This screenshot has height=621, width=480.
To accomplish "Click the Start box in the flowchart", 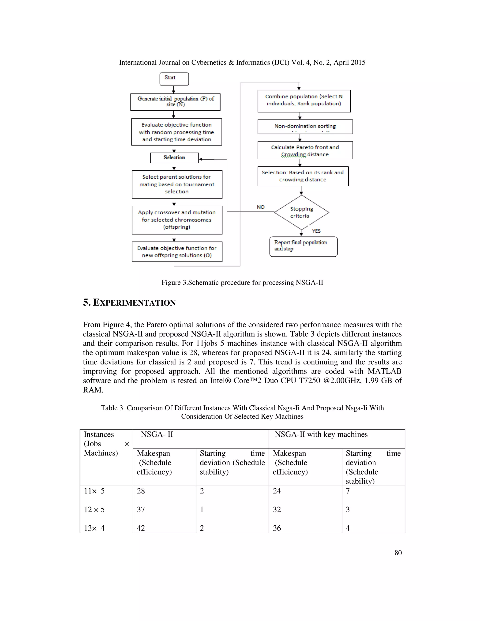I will click(x=174, y=79).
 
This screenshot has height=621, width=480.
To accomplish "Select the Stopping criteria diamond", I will click(x=301, y=212).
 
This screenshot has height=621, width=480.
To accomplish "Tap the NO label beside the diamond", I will click(x=260, y=207).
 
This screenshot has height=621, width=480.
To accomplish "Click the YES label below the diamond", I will click(x=316, y=231).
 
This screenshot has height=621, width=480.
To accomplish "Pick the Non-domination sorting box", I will click(x=305, y=126).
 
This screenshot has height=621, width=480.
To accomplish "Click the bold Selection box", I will click(x=174, y=157).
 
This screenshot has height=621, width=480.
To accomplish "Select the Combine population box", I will click(x=304, y=101).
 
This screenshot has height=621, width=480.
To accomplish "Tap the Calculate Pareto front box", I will click(x=305, y=150).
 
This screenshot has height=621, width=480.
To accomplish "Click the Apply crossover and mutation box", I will click(x=177, y=220).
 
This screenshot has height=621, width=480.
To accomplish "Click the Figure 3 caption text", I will click(x=242, y=282).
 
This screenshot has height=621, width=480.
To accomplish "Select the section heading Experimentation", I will click(x=129, y=302).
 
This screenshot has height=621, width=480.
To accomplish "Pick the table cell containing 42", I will click(x=141, y=528).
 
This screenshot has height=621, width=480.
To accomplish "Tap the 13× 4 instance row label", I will click(x=94, y=528).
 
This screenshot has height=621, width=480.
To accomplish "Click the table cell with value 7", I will click(x=348, y=491).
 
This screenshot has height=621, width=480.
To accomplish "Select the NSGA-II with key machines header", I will click(x=321, y=434).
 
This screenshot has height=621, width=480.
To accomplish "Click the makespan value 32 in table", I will click(x=277, y=509).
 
